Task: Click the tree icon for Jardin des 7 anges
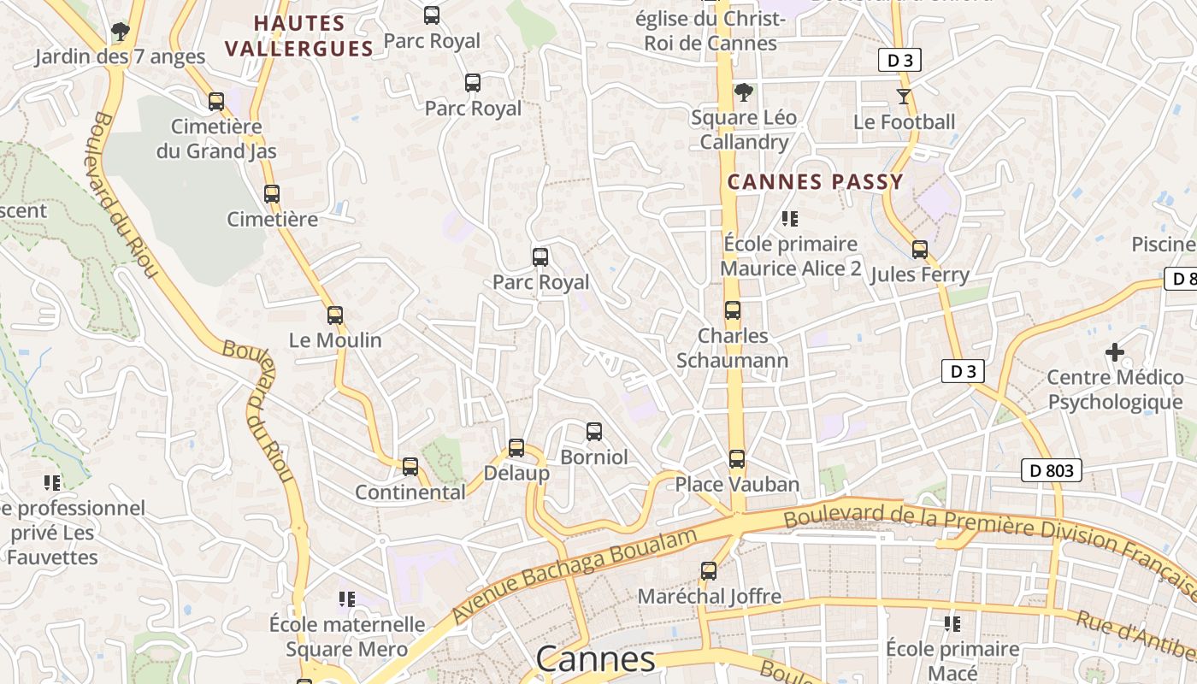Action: point(120,32)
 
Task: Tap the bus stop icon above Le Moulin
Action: point(335,315)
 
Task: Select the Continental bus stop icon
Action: point(410,467)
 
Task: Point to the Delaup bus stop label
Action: point(516,473)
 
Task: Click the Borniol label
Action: point(593,457)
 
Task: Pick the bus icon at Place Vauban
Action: point(737,459)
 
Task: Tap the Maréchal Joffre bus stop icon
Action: point(709,570)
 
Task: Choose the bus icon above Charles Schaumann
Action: point(733,310)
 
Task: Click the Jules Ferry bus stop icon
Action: point(920,250)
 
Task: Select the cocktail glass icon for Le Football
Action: point(904,96)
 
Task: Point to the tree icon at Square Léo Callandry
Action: point(744,92)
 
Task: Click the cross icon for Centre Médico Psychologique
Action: point(1115,351)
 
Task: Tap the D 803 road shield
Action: point(1051,469)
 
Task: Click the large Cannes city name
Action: point(595,659)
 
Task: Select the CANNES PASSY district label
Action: point(815,181)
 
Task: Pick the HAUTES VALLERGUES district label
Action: point(299,36)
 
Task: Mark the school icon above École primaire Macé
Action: point(952,624)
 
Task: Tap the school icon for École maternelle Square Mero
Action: point(346,599)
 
